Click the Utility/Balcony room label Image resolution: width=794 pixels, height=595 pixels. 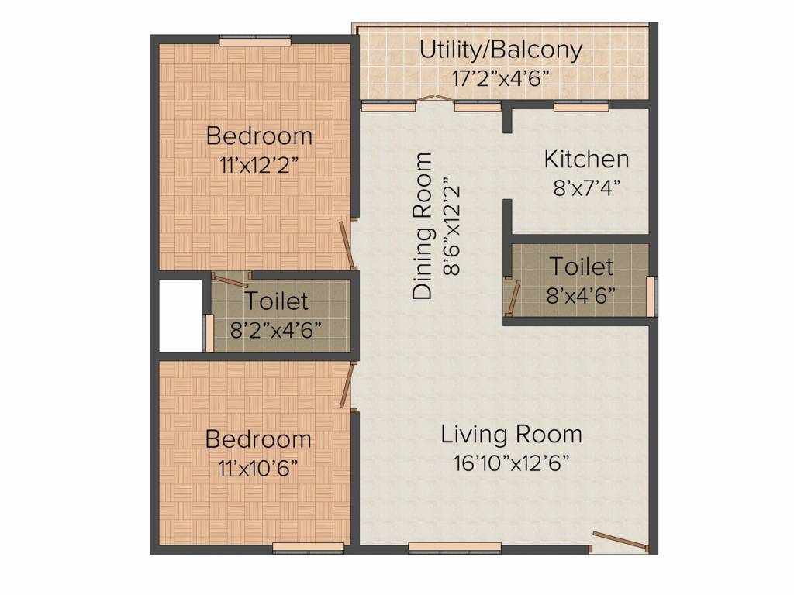click(501, 50)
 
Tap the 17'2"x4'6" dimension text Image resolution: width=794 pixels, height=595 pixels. click(500, 78)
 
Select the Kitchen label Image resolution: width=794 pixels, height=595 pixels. click(586, 160)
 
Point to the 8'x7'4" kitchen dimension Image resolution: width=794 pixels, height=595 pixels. click(586, 188)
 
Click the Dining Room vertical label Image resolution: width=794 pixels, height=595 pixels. click(423, 225)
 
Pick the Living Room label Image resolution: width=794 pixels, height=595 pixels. click(512, 435)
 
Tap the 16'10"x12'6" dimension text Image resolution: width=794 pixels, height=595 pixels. click(512, 463)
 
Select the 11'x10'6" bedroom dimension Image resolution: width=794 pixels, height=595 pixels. click(258, 469)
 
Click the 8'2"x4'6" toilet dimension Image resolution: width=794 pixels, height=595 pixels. click(276, 330)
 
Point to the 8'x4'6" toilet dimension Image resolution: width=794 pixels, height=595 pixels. click(581, 295)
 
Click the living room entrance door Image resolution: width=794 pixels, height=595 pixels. click(620, 541)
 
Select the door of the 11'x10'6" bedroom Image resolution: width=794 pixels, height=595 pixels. click(347, 385)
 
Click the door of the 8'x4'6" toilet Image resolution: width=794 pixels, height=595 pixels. click(515, 297)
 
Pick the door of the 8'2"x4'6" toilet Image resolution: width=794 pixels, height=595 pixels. click(230, 280)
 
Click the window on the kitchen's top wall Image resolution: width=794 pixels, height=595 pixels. click(581, 106)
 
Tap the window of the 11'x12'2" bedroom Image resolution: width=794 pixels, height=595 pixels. click(255, 41)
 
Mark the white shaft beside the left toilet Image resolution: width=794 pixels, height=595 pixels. click(181, 316)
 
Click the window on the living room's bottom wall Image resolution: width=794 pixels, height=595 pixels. click(454, 548)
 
